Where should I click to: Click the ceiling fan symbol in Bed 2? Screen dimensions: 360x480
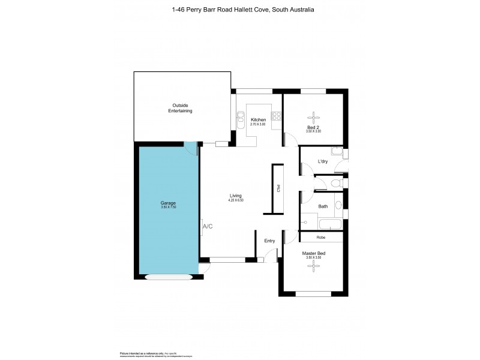pyautogui.click(x=313, y=117)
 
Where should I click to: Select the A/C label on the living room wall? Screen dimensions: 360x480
pyautogui.click(x=208, y=227)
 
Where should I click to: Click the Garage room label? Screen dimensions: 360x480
pyautogui.click(x=168, y=203)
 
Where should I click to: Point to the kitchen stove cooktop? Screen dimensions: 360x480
pyautogui.click(x=277, y=116)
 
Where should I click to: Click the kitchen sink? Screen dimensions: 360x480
pyautogui.click(x=241, y=117)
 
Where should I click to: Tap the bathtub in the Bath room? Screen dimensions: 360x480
pyautogui.click(x=329, y=225)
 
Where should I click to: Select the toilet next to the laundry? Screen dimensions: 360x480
pyautogui.click(x=337, y=183)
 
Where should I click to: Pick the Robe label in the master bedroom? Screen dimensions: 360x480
pyautogui.click(x=321, y=238)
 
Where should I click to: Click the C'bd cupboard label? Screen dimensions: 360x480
pyautogui.click(x=278, y=188)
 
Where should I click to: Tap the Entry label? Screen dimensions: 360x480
pyautogui.click(x=269, y=241)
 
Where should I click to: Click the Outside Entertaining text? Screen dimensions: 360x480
pyautogui.click(x=181, y=108)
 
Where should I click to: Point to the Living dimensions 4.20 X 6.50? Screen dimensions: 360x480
pyautogui.click(x=236, y=200)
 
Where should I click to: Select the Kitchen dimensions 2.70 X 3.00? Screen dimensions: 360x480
pyautogui.click(x=258, y=124)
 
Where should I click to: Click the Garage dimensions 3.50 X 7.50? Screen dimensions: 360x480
pyautogui.click(x=168, y=207)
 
